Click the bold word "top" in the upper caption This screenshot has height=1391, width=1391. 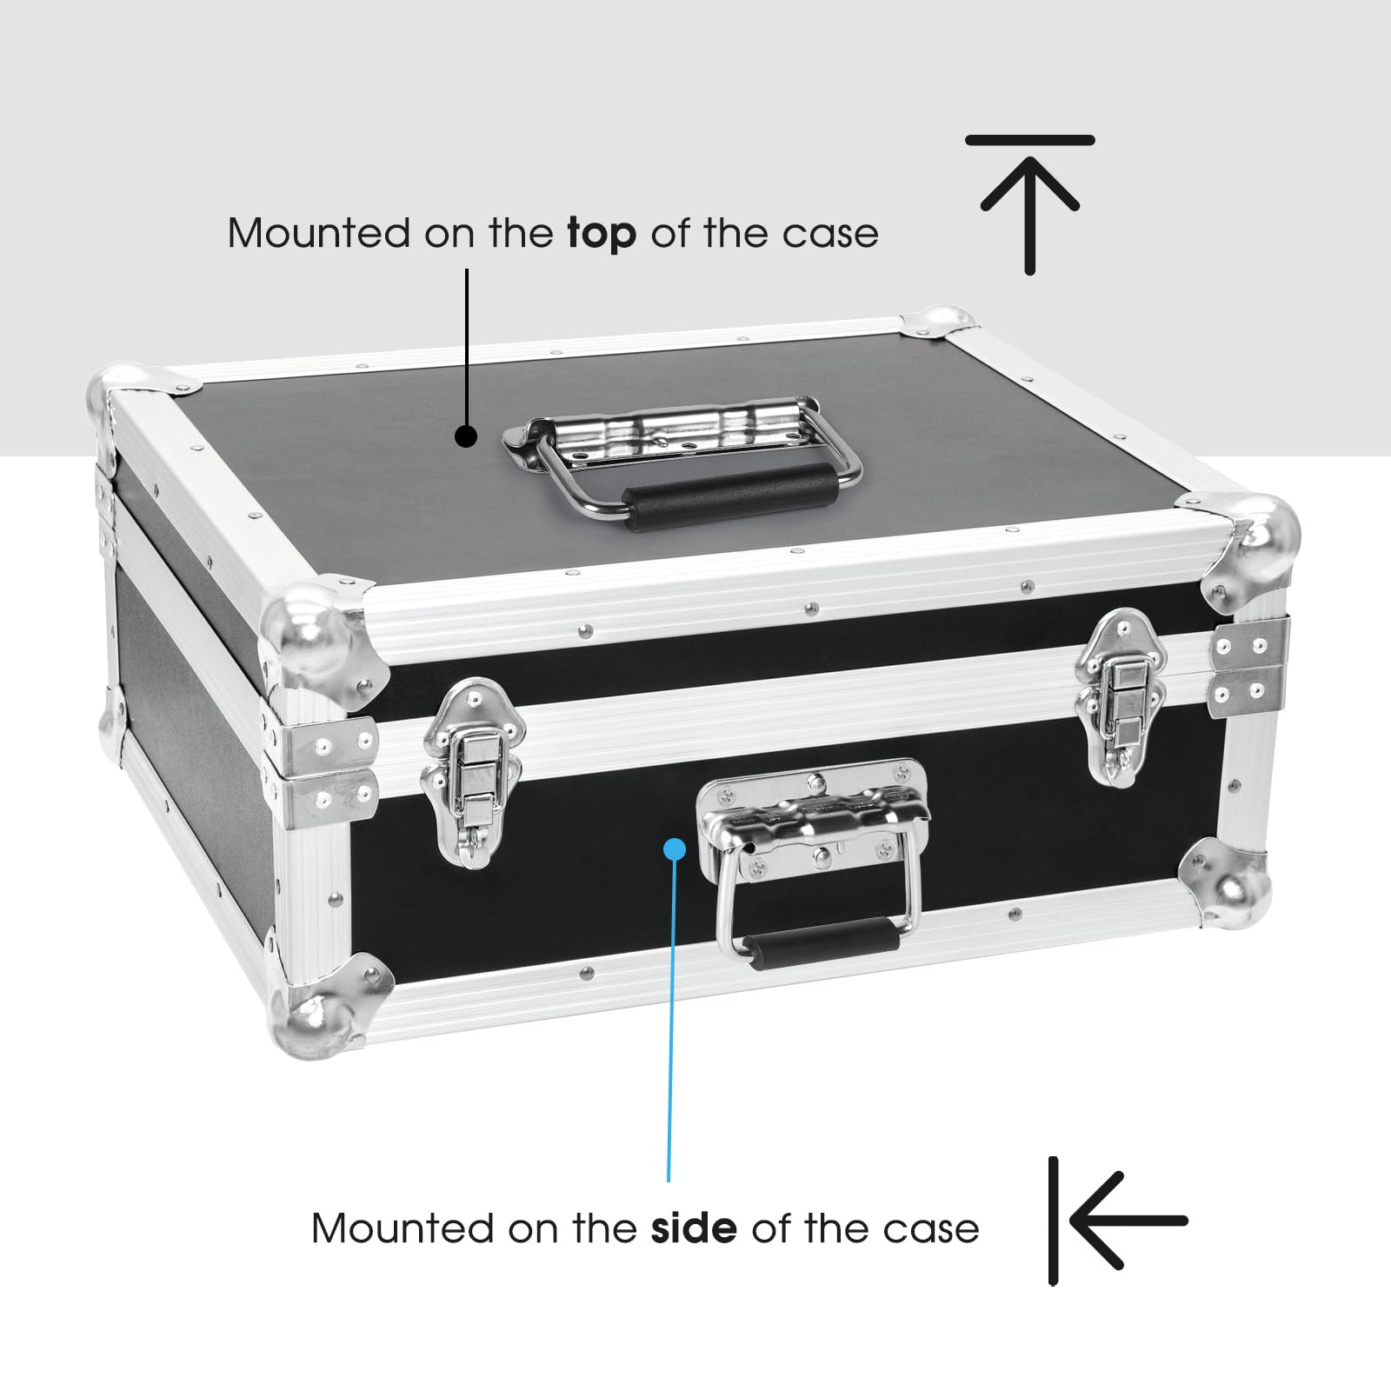coord(602,235)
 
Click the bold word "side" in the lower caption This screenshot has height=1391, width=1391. coord(694,1228)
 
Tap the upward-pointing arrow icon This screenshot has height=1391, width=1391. coord(1030,204)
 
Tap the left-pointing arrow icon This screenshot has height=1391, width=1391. coord(1117,1221)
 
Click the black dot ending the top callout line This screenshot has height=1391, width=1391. coord(467,436)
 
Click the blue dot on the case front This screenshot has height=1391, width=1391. coord(675,848)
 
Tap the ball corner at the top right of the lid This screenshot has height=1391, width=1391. coord(1252,543)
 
